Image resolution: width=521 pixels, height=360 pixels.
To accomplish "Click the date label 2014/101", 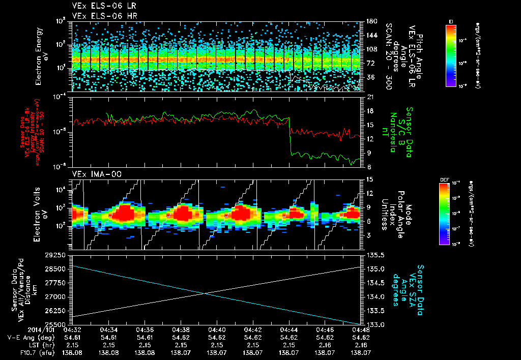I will pyautogui.click(x=20, y=330).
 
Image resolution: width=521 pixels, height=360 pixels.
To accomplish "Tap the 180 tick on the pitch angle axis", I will pyautogui.click(x=367, y=21).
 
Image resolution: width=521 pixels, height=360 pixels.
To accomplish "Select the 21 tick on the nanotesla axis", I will pyautogui.click(x=365, y=97).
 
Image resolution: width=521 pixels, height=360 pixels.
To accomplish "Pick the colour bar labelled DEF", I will pyautogui.click(x=444, y=214).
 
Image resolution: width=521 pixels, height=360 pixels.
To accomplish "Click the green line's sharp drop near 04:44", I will pyautogui.click(x=290, y=135).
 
